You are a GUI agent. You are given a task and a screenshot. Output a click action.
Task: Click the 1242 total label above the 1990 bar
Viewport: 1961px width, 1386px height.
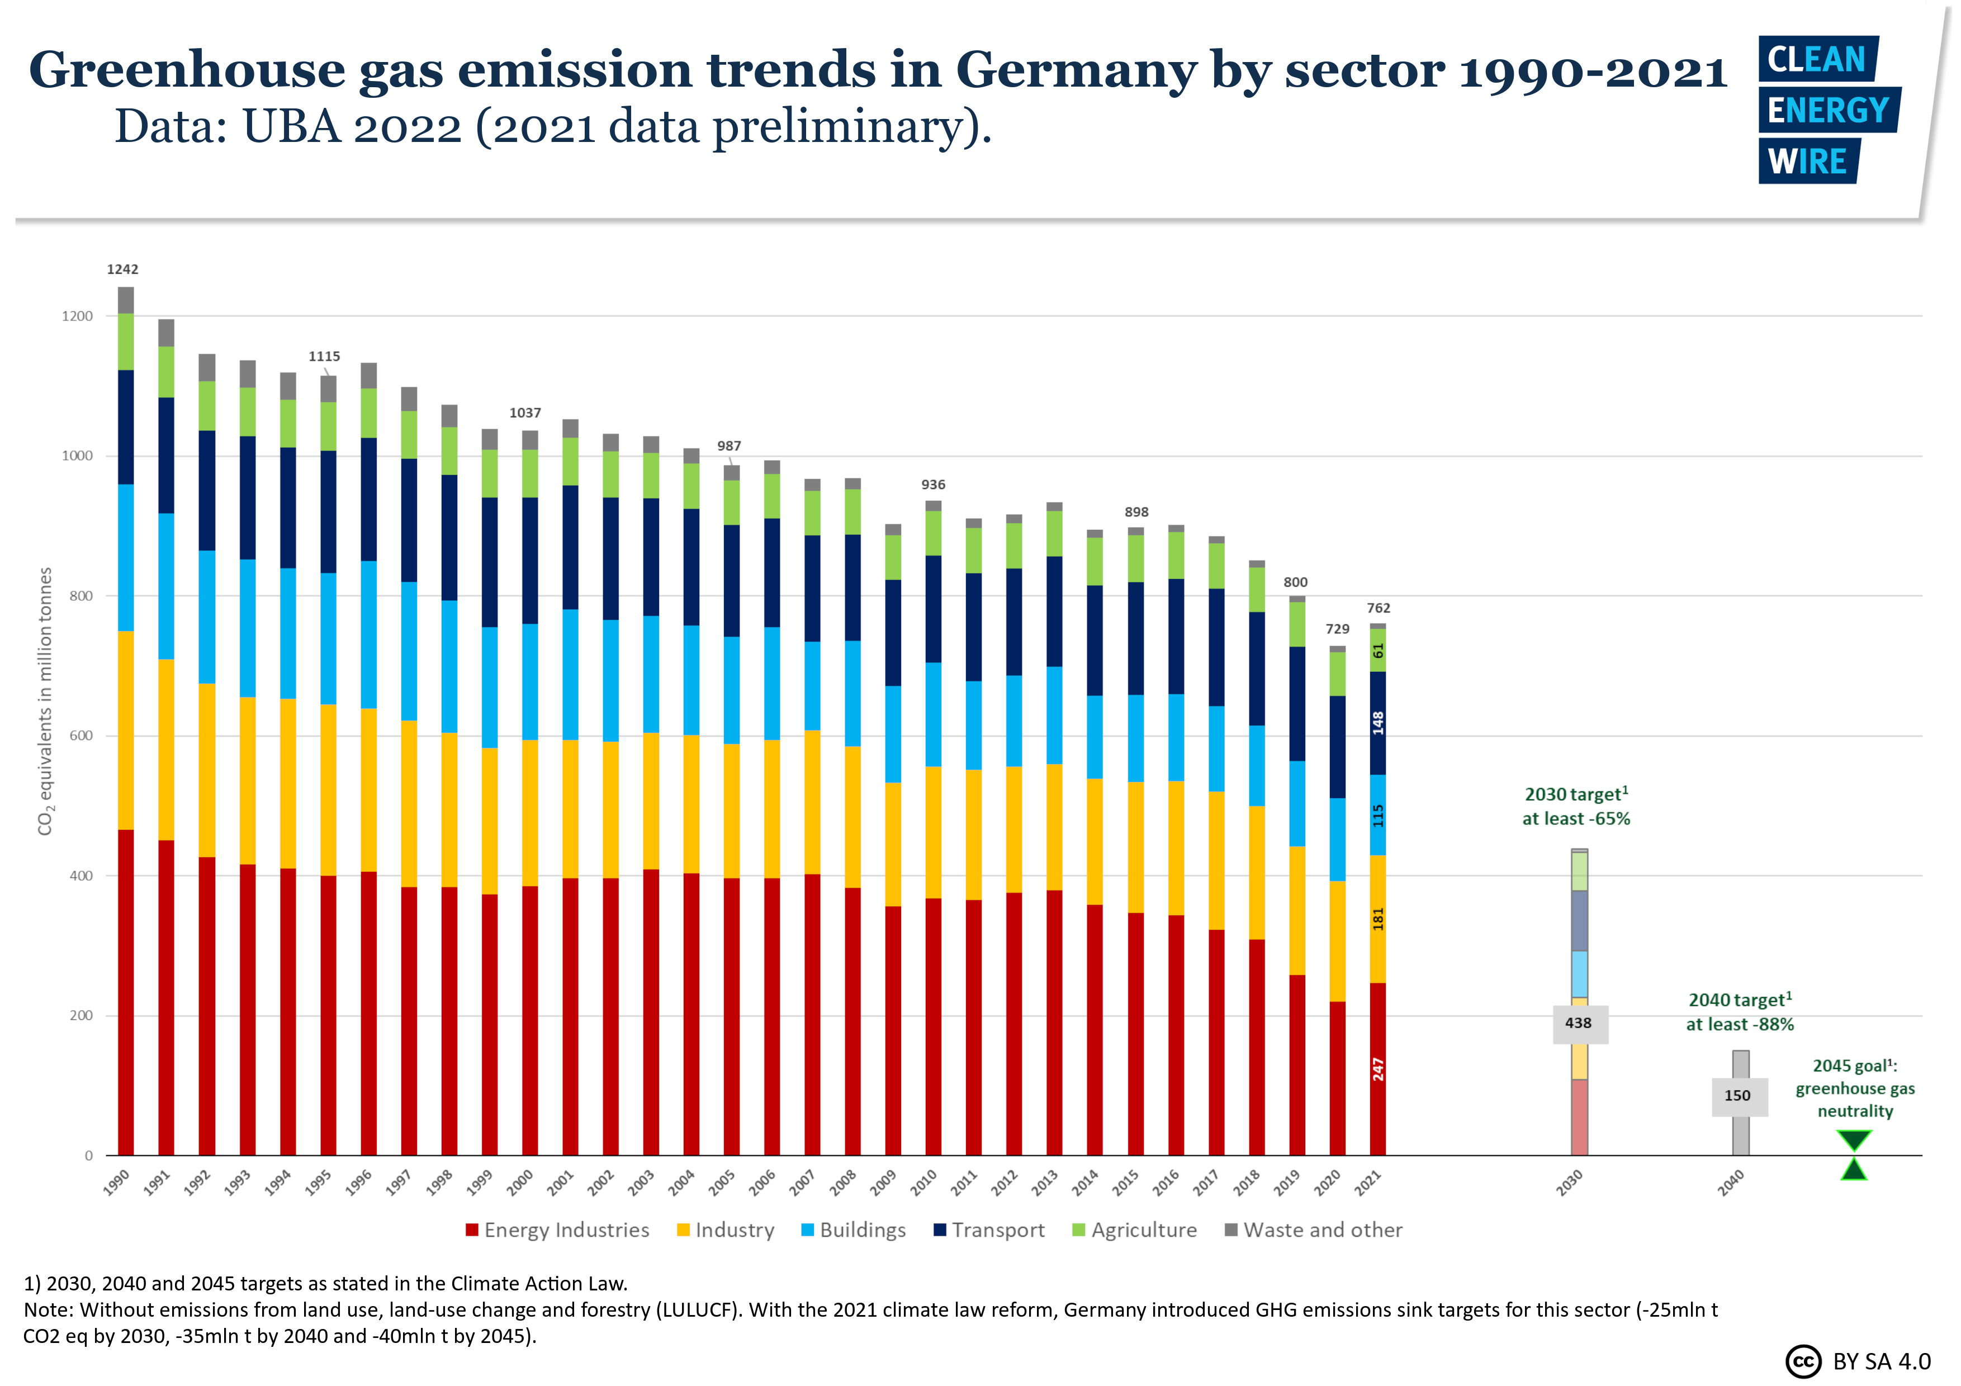point(122,269)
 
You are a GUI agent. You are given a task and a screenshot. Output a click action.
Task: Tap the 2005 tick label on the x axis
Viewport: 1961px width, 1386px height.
point(722,1183)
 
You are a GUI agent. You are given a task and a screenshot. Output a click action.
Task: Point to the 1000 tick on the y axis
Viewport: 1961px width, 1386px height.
point(77,456)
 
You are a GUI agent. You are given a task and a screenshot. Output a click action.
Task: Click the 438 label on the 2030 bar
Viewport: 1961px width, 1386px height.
point(1579,1023)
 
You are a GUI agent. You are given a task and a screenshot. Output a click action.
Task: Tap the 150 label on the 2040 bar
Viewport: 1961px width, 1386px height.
point(1737,1095)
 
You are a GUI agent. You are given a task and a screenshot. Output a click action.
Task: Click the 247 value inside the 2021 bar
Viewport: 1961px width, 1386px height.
point(1377,1069)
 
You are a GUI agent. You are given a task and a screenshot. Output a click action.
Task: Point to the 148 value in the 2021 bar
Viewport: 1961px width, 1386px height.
point(1377,723)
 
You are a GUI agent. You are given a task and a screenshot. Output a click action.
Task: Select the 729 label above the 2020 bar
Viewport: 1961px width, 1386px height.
point(1338,629)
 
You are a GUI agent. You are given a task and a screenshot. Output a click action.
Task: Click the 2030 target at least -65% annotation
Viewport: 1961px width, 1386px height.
point(1576,806)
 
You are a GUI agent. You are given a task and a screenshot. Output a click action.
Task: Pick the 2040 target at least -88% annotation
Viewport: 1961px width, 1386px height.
point(1740,1012)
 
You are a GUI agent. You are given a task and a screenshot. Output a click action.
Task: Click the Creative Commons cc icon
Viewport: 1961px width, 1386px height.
point(1802,1361)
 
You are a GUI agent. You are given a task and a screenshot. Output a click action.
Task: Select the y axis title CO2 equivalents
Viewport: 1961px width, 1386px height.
point(45,700)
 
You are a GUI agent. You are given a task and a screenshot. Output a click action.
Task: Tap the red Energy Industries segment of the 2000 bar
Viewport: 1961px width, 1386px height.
point(529,1020)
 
